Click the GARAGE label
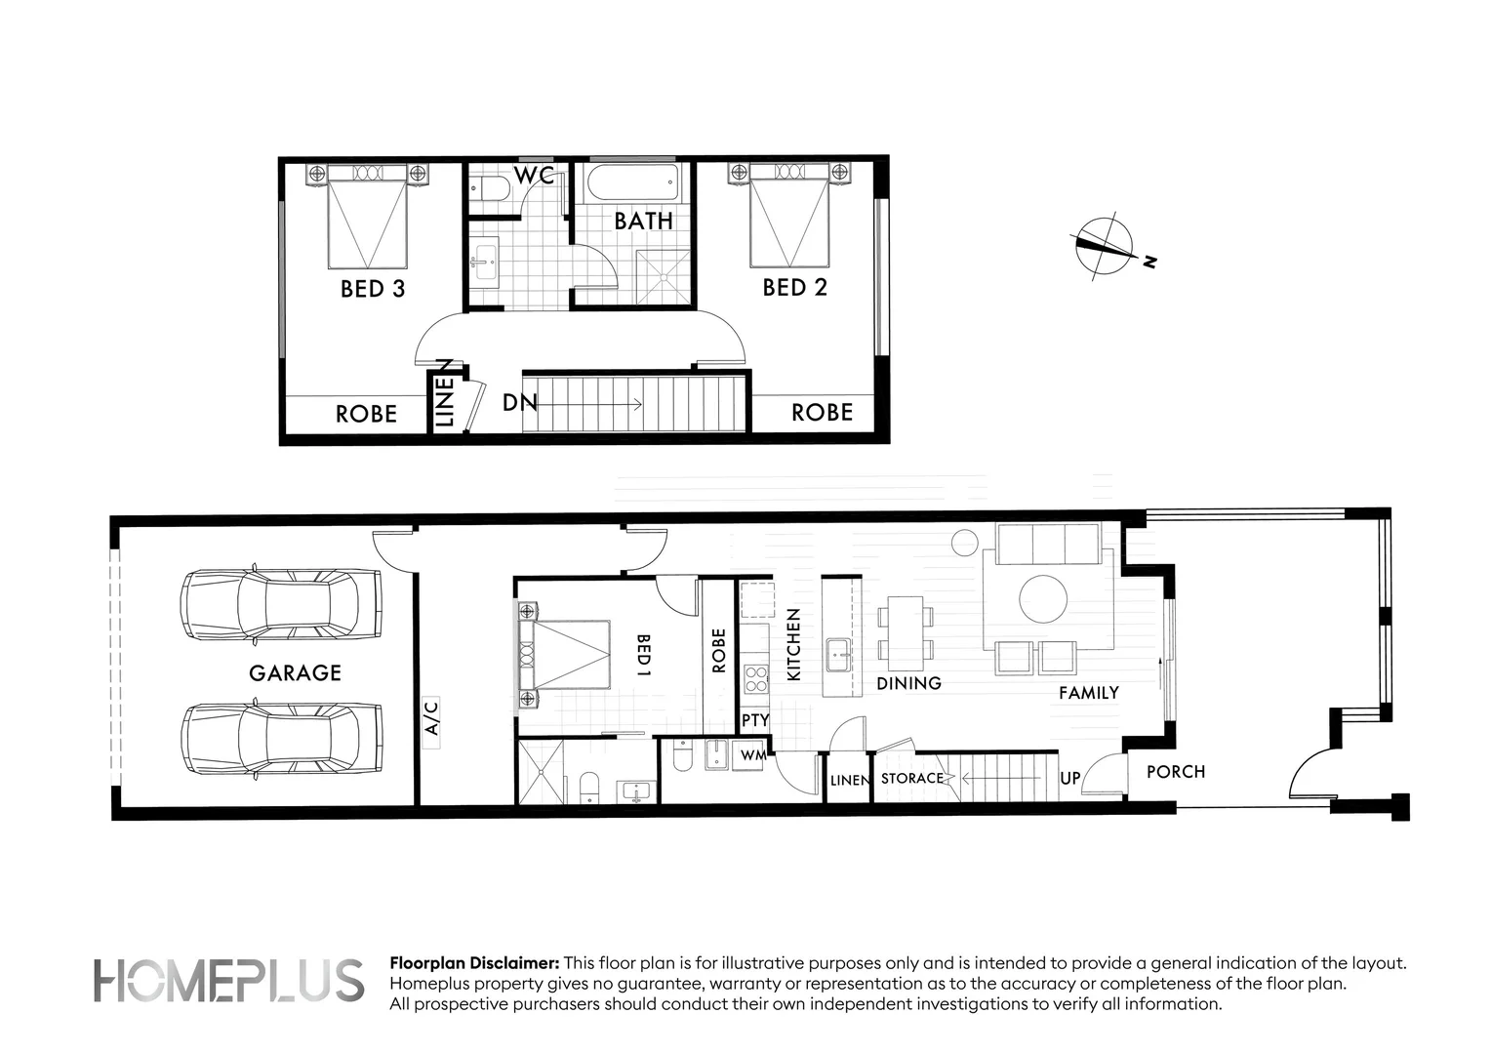click(x=295, y=672)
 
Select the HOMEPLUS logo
click(x=228, y=980)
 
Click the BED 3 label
click(x=372, y=288)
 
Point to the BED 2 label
click(x=794, y=287)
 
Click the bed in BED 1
click(x=565, y=655)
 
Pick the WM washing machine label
click(x=751, y=755)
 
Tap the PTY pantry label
click(x=755, y=720)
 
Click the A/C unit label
click(x=432, y=717)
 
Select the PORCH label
click(x=1175, y=772)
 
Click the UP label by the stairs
click(x=1070, y=780)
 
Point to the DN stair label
click(x=519, y=402)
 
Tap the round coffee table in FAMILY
click(x=1043, y=598)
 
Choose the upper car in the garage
click(x=280, y=604)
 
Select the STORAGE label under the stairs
click(x=912, y=779)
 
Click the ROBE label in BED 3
click(x=366, y=414)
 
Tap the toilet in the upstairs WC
click(x=487, y=188)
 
